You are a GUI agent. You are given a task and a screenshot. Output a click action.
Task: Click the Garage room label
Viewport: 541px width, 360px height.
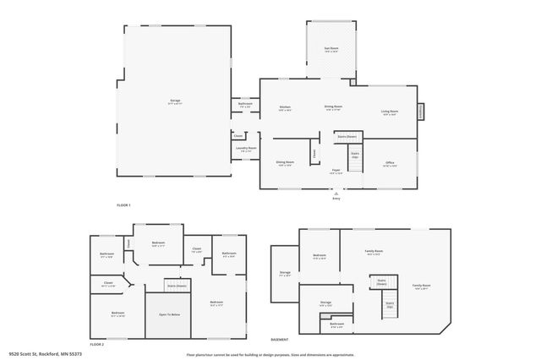pyautogui.click(x=175, y=101)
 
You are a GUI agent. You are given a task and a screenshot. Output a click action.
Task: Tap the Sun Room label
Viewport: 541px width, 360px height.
pyautogui.click(x=331, y=50)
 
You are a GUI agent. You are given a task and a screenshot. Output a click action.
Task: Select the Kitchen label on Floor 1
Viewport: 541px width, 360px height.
pyautogui.click(x=286, y=107)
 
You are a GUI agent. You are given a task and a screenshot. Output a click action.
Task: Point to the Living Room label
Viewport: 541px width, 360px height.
pyautogui.click(x=390, y=112)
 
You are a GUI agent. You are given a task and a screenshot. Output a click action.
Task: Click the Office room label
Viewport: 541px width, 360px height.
pyautogui.click(x=390, y=163)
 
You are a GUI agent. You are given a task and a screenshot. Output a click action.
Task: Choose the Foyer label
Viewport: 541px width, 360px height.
pyautogui.click(x=336, y=170)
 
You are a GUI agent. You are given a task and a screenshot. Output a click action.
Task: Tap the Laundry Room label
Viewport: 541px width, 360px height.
pyautogui.click(x=246, y=149)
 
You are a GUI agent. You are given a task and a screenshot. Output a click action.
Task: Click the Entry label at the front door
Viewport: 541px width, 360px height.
pyautogui.click(x=336, y=198)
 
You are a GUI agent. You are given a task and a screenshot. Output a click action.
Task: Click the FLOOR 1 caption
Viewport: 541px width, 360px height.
pyautogui.click(x=123, y=205)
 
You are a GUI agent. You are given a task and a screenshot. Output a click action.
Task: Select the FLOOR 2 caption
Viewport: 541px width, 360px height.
pyautogui.click(x=97, y=344)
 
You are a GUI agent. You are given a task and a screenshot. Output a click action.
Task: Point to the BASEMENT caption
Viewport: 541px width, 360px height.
pyautogui.click(x=280, y=338)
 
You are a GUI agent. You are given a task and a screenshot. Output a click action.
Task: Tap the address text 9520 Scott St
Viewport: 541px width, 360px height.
pyautogui.click(x=43, y=354)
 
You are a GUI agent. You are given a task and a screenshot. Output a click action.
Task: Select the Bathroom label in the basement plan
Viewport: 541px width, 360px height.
pyautogui.click(x=336, y=325)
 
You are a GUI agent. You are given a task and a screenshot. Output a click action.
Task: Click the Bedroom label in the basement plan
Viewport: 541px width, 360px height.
pyautogui.click(x=320, y=256)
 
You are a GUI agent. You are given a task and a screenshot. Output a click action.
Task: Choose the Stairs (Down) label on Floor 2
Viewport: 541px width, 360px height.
pyautogui.click(x=176, y=286)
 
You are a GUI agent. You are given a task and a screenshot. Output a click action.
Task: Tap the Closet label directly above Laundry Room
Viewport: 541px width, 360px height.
pyautogui.click(x=238, y=135)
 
